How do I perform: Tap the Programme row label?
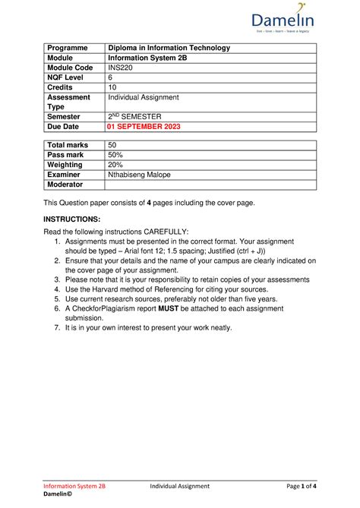point(70,48)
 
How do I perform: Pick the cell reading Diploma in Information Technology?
point(169,48)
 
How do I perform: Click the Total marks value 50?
point(112,145)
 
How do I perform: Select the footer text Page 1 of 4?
point(295,485)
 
